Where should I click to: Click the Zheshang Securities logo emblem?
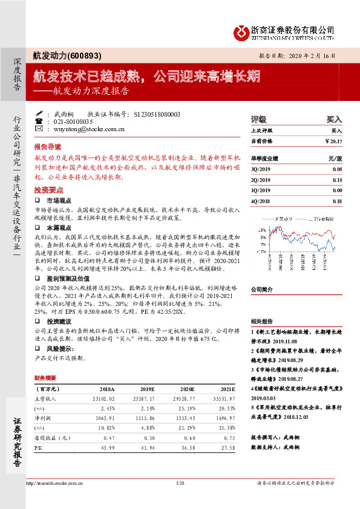pyautogui.click(x=243, y=31)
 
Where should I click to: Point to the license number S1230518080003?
pyautogui.click(x=156, y=114)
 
